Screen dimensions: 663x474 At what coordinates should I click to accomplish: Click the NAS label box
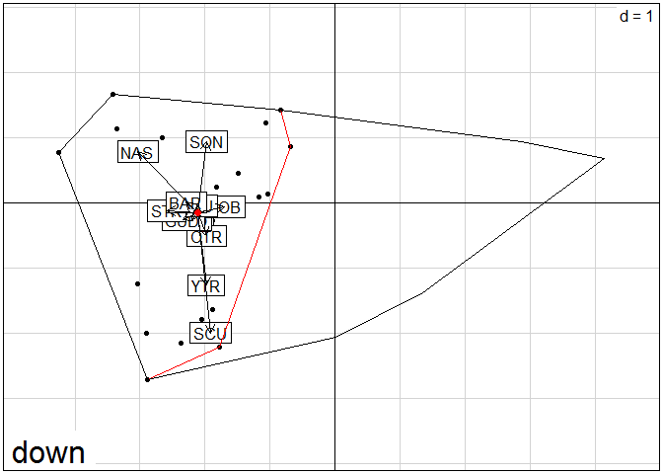(x=137, y=153)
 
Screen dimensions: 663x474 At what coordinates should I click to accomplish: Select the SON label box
(x=206, y=142)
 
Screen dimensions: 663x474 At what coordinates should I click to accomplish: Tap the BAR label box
(x=184, y=203)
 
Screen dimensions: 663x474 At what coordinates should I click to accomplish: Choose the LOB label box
(x=228, y=207)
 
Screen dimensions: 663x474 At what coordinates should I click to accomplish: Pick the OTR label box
(x=206, y=236)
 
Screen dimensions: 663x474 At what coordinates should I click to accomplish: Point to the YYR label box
(x=206, y=286)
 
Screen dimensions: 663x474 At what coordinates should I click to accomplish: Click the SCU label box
(x=210, y=334)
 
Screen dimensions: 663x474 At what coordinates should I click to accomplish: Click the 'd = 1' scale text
(x=635, y=17)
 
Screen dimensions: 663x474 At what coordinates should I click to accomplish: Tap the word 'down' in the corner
(x=48, y=453)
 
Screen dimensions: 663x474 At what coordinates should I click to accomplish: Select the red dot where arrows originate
(x=197, y=212)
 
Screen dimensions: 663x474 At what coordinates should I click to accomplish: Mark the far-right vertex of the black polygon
(x=603, y=158)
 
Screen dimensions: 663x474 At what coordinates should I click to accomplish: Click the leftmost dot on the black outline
(x=59, y=152)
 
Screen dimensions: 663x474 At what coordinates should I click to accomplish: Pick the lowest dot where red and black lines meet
(x=147, y=379)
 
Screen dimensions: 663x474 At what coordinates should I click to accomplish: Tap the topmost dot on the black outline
(x=112, y=94)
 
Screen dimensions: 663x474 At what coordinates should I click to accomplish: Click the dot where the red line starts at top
(x=281, y=110)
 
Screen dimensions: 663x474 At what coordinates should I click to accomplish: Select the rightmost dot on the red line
(x=291, y=147)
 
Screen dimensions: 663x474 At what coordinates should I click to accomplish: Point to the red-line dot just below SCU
(x=220, y=347)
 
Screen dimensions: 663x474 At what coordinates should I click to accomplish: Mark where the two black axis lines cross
(x=335, y=202)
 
